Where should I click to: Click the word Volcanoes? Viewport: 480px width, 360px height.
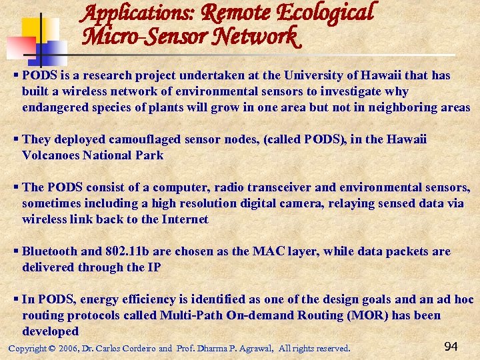(49, 155)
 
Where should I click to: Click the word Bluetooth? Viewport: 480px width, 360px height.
(49, 251)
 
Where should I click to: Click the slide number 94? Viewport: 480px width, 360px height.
(451, 346)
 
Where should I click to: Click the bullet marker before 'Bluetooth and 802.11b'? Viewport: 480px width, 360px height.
(16, 251)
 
